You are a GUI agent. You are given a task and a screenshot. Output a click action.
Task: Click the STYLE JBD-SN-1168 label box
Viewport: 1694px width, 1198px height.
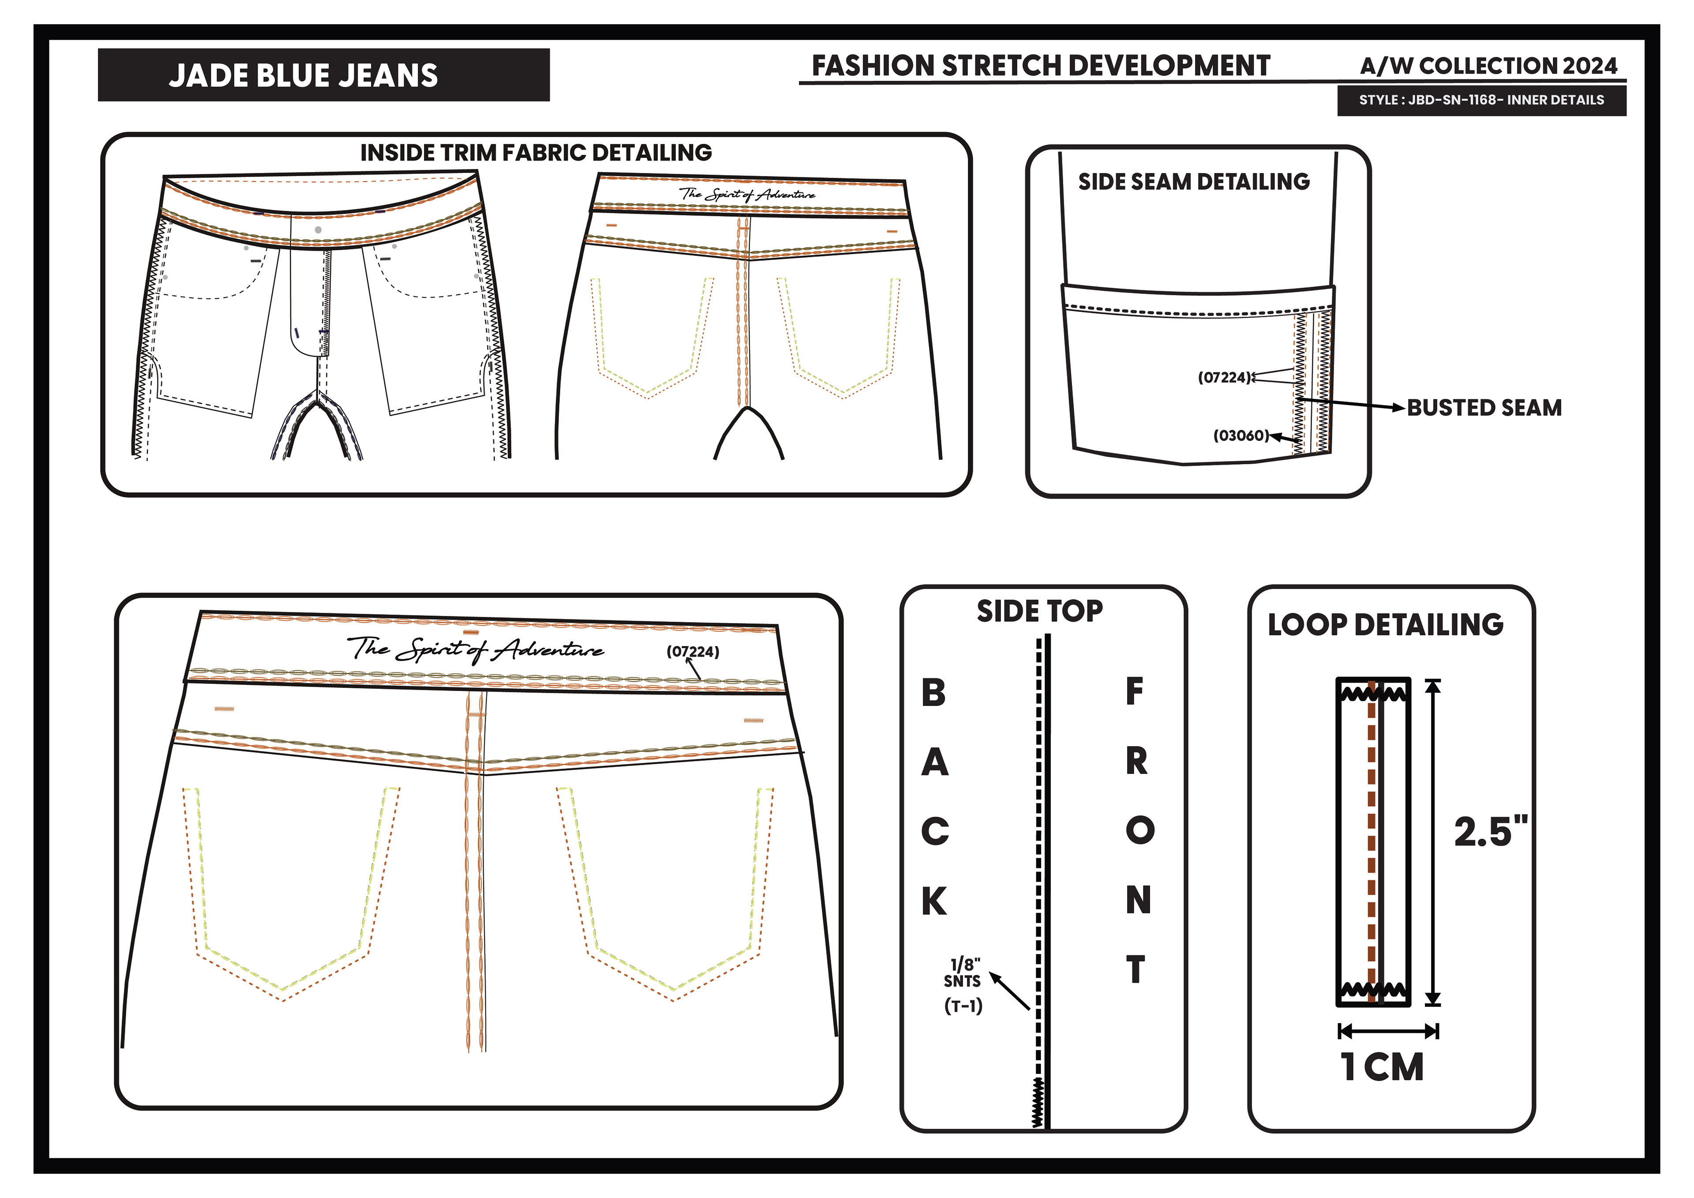click(x=1481, y=101)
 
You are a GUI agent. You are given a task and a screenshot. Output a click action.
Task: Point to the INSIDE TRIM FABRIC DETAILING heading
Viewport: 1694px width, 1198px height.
click(x=536, y=153)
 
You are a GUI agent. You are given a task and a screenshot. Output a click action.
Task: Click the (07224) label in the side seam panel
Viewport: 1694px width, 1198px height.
click(x=1225, y=378)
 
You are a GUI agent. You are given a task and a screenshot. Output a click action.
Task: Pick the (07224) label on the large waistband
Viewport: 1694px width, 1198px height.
click(x=692, y=652)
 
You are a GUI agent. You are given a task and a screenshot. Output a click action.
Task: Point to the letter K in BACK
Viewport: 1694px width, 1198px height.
click(x=934, y=901)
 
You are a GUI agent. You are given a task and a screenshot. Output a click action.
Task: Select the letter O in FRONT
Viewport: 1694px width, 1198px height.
click(x=1139, y=830)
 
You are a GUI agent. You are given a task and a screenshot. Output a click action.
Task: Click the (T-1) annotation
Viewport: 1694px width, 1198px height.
click(x=963, y=1006)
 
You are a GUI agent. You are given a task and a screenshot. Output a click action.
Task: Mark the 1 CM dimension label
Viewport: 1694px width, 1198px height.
click(x=1382, y=1067)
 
